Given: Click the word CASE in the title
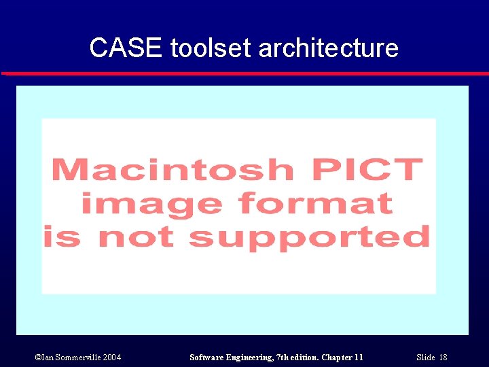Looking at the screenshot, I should click(x=127, y=48).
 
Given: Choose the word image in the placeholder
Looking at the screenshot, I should click(x=150, y=203).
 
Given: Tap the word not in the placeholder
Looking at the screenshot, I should click(x=139, y=237).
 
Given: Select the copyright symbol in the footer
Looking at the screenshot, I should click(x=20, y=357).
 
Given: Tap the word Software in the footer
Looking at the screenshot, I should click(x=208, y=357).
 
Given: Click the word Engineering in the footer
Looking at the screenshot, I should click(x=252, y=357).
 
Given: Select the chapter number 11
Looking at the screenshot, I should click(x=359, y=357).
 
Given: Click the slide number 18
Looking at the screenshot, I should click(x=443, y=357).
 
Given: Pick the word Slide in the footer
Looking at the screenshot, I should click(x=425, y=357).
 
